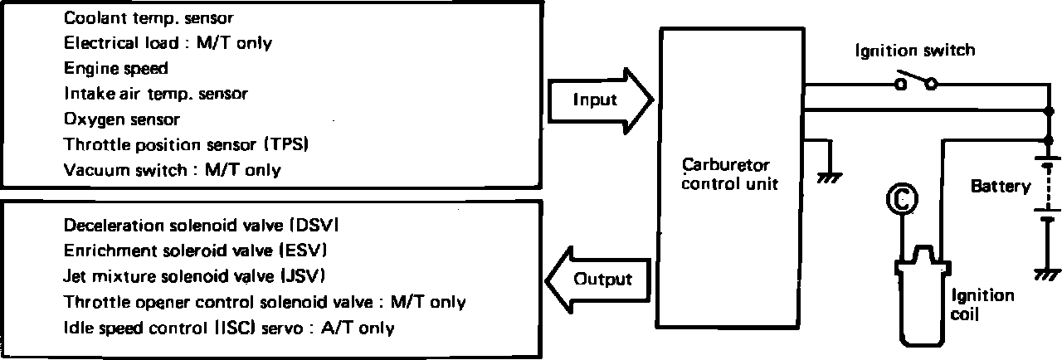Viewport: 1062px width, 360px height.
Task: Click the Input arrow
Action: pyautogui.click(x=597, y=100)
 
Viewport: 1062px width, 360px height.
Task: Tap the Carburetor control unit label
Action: pyautogui.click(x=730, y=174)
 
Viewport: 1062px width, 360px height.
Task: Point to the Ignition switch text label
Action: pyautogui.click(x=915, y=51)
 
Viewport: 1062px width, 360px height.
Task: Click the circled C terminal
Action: pyautogui.click(x=901, y=198)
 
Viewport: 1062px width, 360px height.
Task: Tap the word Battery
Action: pyautogui.click(x=1001, y=187)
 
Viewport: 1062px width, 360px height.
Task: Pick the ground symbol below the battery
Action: pyautogui.click(x=1046, y=273)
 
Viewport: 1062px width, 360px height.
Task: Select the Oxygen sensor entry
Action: pyautogui.click(x=122, y=119)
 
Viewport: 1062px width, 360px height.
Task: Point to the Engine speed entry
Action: pyautogui.click(x=116, y=69)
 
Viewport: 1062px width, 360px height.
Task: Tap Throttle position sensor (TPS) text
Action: pyautogui.click(x=187, y=144)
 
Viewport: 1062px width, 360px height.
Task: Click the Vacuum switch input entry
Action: pyautogui.click(x=173, y=170)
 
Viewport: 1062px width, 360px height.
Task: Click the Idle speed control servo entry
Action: pyautogui.click(x=229, y=328)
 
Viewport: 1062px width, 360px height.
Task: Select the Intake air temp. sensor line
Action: pyautogui.click(x=156, y=95)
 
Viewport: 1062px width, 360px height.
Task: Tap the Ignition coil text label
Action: pyautogui.click(x=982, y=304)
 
